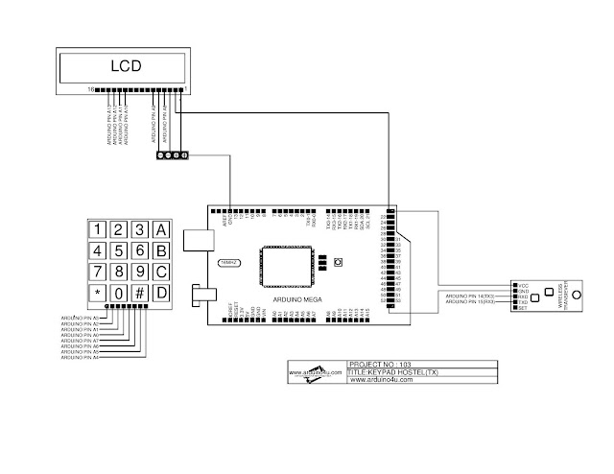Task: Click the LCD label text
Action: click(x=124, y=66)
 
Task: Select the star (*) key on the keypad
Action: click(x=97, y=292)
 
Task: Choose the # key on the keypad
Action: click(x=139, y=292)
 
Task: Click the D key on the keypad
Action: click(x=161, y=292)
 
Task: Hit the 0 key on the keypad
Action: click(x=118, y=292)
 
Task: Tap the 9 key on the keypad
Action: click(x=139, y=272)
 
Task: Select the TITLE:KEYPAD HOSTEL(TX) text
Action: click(x=393, y=372)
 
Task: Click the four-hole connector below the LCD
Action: click(x=171, y=154)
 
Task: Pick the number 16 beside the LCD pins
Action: click(x=91, y=89)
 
